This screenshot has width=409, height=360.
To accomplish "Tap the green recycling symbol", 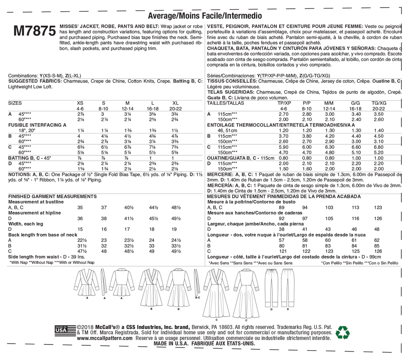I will (343, 332).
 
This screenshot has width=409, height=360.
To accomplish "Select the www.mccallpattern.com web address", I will (105, 338).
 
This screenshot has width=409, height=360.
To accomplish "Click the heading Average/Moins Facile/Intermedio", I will (204, 16).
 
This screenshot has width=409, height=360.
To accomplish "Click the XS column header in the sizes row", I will (80, 103).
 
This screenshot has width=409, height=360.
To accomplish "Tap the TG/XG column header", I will (379, 103).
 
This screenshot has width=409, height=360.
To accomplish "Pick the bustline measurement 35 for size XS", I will (80, 208).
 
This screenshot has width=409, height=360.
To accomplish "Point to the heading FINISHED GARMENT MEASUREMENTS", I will (52, 196).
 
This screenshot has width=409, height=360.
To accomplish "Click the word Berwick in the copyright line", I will (200, 327).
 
